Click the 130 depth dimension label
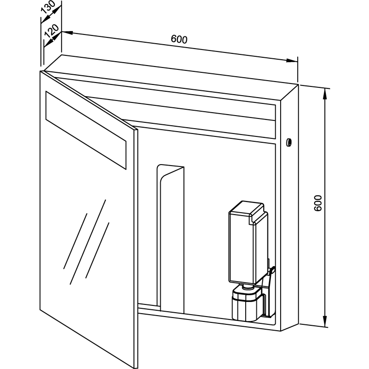(x=48, y=8)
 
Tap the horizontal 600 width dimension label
(x=179, y=39)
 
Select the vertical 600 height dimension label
(x=318, y=203)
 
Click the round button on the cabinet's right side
(x=289, y=142)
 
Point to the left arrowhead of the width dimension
(x=67, y=33)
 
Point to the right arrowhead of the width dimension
(x=292, y=61)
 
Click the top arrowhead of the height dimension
(x=325, y=94)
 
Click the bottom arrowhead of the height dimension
(x=325, y=321)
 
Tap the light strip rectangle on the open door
(x=86, y=130)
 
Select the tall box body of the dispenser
(x=248, y=242)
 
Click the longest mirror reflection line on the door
(x=88, y=242)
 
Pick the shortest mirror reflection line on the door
(x=98, y=250)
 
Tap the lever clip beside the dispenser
(x=271, y=270)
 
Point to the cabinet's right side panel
(x=289, y=208)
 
